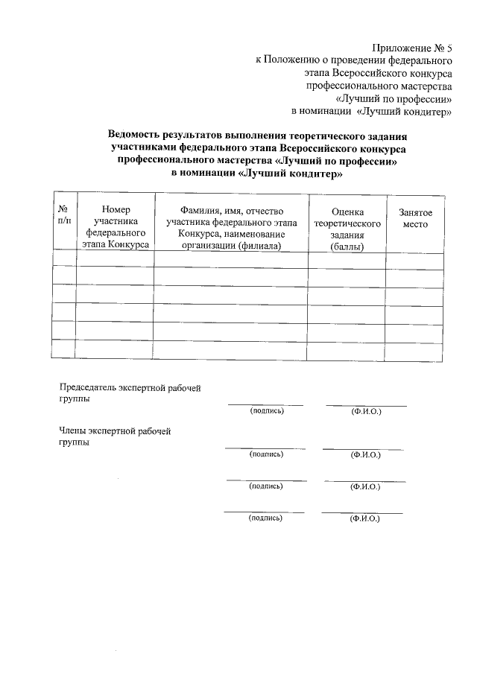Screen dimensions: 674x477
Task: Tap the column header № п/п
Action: pos(64,217)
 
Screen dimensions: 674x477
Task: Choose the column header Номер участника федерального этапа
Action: pos(116,227)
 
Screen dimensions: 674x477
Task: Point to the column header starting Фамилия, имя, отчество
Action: pos(232,227)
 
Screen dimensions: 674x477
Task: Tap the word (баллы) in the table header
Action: pos(347,247)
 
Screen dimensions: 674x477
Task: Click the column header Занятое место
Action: pos(415,217)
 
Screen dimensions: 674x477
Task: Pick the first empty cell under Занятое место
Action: pos(415,261)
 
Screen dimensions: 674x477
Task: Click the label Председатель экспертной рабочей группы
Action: pos(130,392)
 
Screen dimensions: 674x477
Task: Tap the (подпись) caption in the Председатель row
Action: pos(266,410)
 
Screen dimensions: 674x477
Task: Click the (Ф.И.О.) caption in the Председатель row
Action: pos(366,411)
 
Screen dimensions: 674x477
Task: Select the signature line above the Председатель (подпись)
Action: pos(265,404)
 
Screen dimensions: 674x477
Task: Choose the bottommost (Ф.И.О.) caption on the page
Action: pos(364,518)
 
